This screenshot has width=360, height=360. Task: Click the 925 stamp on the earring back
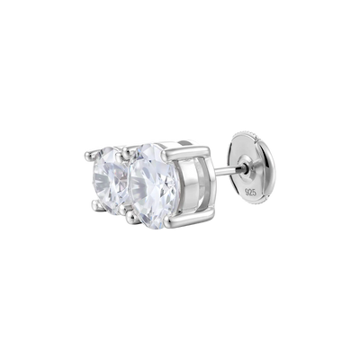point(250,192)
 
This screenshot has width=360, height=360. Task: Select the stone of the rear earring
point(111,182)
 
